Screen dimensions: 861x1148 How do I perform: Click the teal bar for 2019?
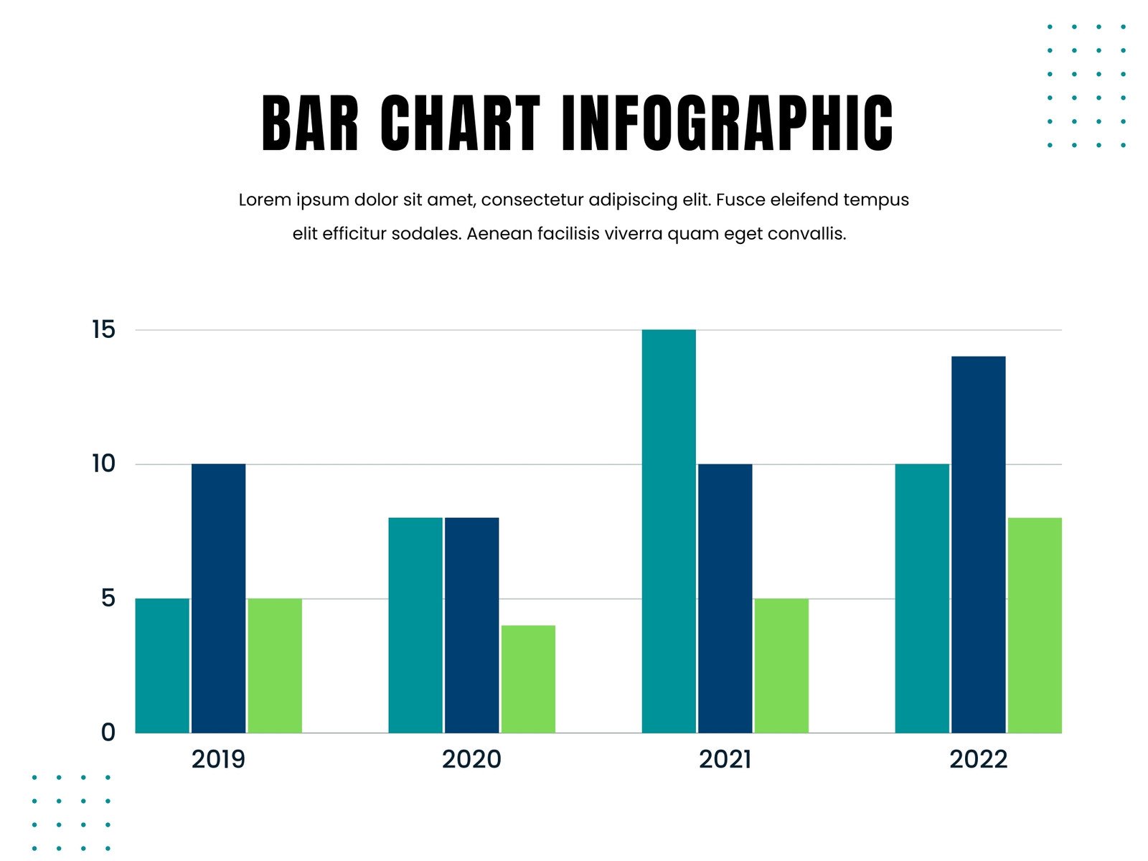click(x=162, y=666)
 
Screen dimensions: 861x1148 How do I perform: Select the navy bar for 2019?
click(x=219, y=598)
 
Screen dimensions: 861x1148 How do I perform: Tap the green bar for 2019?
click(x=275, y=666)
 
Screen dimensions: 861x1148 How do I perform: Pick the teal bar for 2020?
click(x=415, y=625)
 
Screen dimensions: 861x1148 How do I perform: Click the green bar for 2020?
click(x=528, y=679)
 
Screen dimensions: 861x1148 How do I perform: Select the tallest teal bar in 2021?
click(x=669, y=531)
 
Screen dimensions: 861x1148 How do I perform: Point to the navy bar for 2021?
click(x=725, y=598)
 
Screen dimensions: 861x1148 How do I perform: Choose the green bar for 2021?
click(x=781, y=666)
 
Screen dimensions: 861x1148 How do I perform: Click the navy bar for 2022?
click(x=979, y=545)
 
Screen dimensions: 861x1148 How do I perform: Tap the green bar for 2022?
click(x=1035, y=625)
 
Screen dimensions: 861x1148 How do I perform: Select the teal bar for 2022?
click(x=922, y=598)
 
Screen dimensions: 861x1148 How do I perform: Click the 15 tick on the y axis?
click(x=104, y=330)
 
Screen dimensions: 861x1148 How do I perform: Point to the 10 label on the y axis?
click(x=104, y=464)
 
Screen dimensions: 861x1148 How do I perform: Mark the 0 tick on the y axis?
click(x=108, y=733)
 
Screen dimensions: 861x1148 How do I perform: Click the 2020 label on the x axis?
click(x=471, y=759)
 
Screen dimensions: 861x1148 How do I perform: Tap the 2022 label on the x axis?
click(x=978, y=759)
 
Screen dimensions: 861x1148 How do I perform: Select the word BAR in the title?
click(x=310, y=123)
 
